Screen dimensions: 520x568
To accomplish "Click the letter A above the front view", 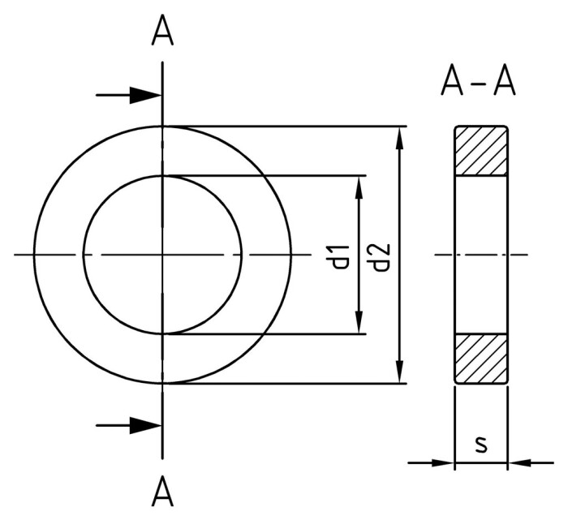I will (164, 32).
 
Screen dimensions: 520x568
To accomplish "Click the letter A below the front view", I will (164, 490).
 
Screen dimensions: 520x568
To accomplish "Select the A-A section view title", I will (479, 82).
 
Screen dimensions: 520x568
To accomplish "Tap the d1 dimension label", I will (342, 255).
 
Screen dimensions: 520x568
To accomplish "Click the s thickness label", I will (481, 444).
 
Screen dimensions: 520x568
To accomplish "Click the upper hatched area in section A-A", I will (481, 151).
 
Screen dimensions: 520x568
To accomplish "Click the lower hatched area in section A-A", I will (481, 358).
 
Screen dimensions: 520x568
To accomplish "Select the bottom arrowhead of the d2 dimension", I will (398, 372).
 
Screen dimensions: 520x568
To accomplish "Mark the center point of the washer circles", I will (163, 255).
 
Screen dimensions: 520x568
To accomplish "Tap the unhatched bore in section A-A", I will (481, 255).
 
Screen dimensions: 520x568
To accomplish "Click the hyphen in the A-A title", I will (479, 84).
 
